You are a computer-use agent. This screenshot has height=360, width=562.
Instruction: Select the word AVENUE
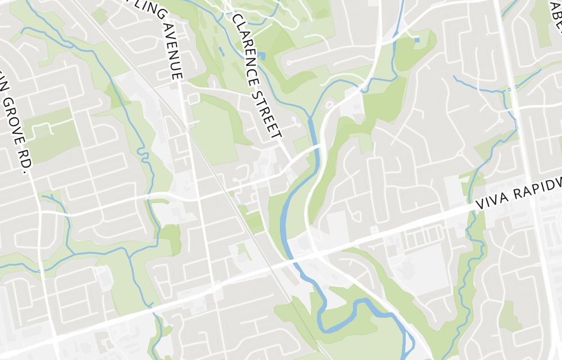point(175,51)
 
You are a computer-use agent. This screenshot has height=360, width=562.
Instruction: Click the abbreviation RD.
point(23,165)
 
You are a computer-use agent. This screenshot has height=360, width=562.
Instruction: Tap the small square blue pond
point(416,40)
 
